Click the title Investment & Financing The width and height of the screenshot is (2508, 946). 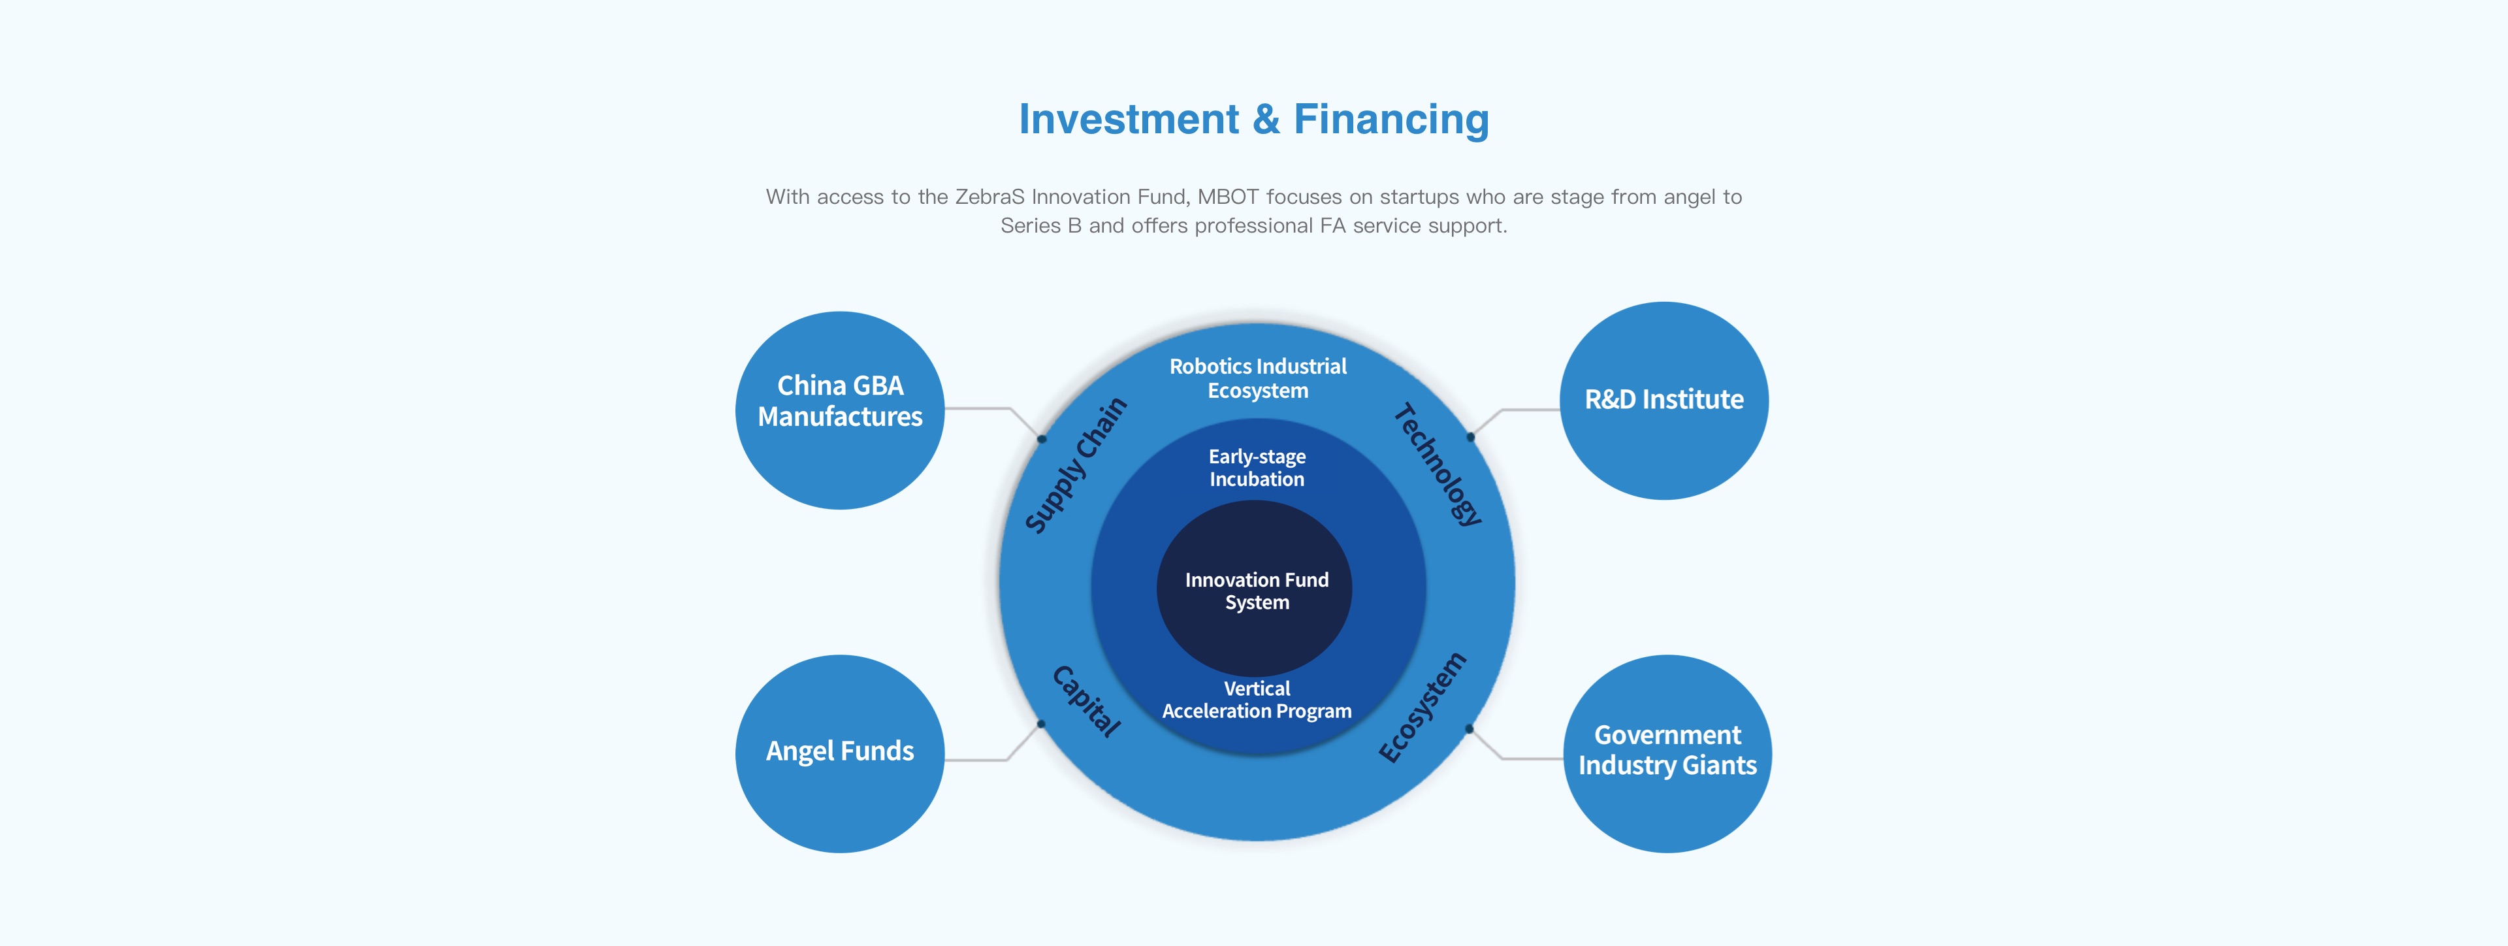(x=1254, y=120)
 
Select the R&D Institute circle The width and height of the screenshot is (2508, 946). (x=1664, y=400)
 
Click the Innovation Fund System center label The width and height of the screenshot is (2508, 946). (x=1256, y=591)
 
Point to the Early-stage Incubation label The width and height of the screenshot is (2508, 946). (x=1257, y=468)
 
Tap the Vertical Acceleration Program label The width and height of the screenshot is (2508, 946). (x=1257, y=700)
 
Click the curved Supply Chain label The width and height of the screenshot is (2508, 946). (x=1076, y=466)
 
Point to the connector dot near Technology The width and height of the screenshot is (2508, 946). (x=1471, y=438)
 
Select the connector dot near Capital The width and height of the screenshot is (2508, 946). (x=1041, y=724)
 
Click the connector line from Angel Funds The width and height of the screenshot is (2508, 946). (x=978, y=759)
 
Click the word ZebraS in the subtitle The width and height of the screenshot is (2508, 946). (x=989, y=197)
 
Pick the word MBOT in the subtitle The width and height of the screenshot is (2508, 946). (x=1228, y=197)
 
